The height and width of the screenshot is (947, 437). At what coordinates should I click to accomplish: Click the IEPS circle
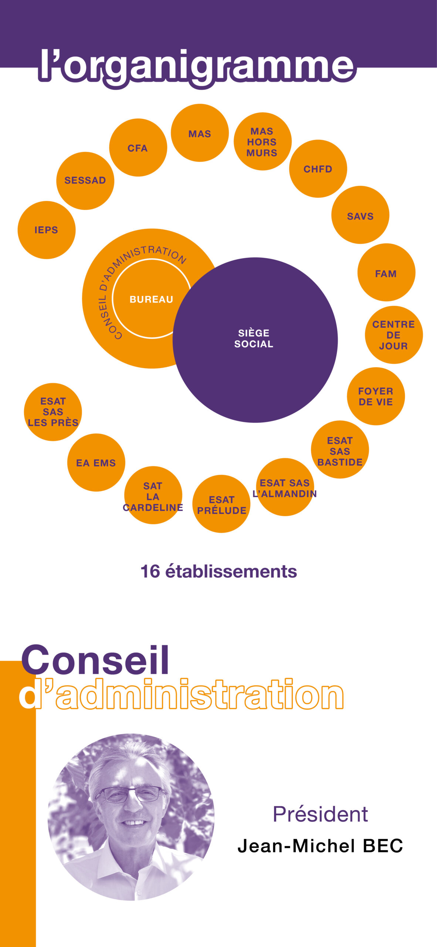click(x=47, y=230)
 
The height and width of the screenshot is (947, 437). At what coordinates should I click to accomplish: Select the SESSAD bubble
click(x=85, y=181)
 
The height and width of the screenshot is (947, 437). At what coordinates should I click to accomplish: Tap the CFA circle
click(x=138, y=148)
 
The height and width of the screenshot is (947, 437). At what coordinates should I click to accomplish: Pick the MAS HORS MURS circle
click(x=262, y=141)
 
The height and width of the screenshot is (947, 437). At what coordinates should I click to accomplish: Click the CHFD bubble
click(x=318, y=169)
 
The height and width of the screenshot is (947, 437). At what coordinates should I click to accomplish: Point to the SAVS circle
click(x=360, y=215)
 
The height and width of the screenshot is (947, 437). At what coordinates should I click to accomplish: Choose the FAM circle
click(x=386, y=272)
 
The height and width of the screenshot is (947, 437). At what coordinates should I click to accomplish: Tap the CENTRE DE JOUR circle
click(x=394, y=335)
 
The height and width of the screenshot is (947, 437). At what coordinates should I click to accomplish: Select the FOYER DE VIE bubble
click(x=376, y=396)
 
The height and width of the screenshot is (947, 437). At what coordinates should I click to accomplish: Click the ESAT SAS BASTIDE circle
click(x=340, y=449)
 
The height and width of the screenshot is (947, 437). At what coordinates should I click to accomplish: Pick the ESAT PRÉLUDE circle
click(x=221, y=504)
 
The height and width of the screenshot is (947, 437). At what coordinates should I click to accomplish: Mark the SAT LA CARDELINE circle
click(x=153, y=495)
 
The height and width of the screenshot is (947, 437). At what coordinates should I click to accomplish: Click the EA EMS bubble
click(x=96, y=462)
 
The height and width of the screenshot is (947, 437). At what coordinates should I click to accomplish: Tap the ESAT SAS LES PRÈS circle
click(x=53, y=412)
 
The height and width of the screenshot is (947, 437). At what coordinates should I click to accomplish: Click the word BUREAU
click(x=151, y=299)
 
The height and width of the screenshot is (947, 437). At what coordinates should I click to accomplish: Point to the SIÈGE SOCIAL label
click(x=254, y=338)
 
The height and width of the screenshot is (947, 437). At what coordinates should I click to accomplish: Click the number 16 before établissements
click(x=150, y=572)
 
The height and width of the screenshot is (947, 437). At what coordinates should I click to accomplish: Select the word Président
click(x=320, y=814)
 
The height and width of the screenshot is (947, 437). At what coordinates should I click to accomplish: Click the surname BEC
click(x=383, y=846)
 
